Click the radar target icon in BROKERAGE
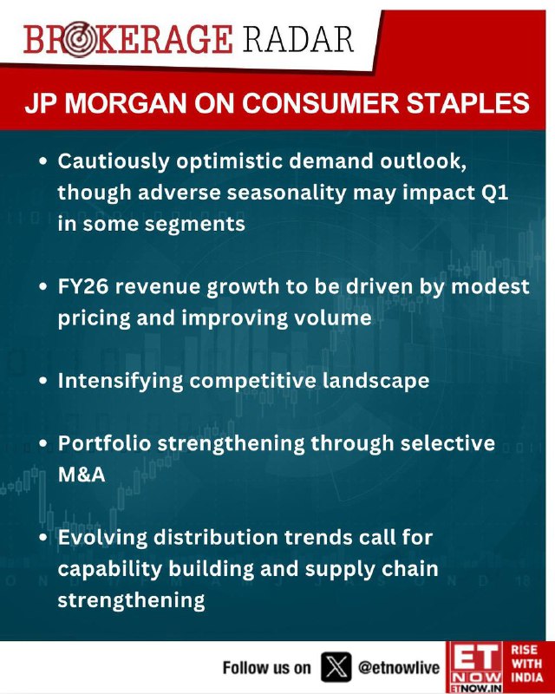click(x=78, y=39)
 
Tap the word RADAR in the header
click(x=298, y=39)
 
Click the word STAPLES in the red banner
click(x=467, y=104)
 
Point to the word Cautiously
click(x=114, y=162)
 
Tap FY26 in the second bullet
click(x=83, y=286)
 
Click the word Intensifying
click(x=121, y=382)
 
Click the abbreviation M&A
click(x=82, y=475)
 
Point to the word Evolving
click(x=102, y=538)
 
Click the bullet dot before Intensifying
click(x=43, y=381)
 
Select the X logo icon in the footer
click(x=336, y=666)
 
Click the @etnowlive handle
click(x=399, y=667)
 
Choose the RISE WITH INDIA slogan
click(x=526, y=664)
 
